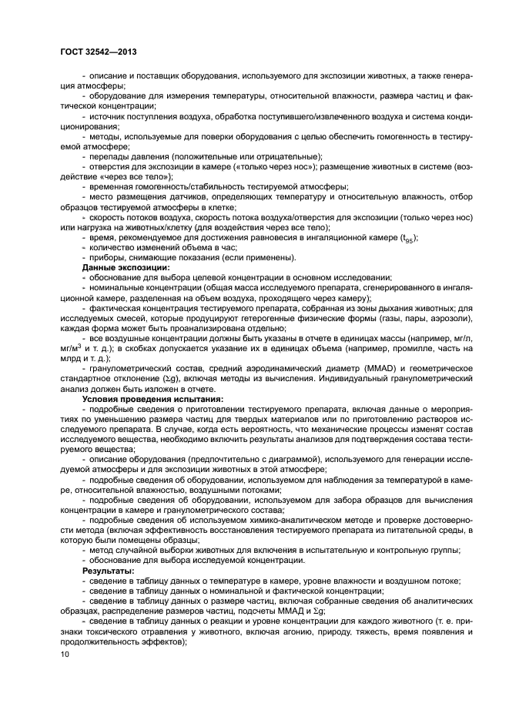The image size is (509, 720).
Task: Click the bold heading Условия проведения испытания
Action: [152, 399]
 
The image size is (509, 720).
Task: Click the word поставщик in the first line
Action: [165, 75]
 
